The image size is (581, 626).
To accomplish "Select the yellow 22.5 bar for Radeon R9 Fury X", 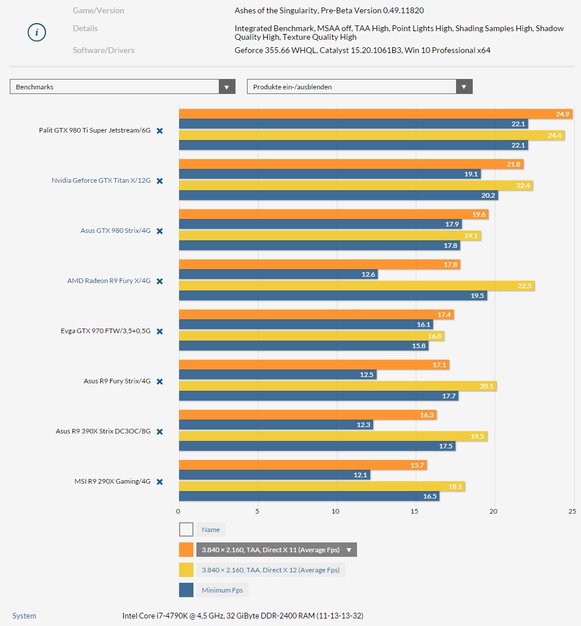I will point(356,285).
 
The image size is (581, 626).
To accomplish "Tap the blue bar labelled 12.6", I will point(278,274).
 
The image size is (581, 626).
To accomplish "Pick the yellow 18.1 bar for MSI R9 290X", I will point(321,486).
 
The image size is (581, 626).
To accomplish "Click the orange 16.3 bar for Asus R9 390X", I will point(307,414).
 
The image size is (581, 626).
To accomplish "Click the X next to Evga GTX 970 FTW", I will point(160,331).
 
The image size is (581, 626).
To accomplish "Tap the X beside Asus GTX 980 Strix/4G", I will point(160,231).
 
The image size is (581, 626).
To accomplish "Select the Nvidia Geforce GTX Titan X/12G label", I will point(101,181).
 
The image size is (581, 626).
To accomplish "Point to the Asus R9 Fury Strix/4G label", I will point(117,382).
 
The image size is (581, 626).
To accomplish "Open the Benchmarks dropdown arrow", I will point(227,87).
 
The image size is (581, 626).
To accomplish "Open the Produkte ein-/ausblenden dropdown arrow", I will point(464,87).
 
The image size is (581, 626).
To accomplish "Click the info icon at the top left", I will point(36,32).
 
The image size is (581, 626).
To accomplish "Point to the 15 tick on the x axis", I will point(415,511).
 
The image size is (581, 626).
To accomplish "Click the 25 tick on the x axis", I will point(572,511).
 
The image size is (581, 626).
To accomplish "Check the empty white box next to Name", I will point(186,529).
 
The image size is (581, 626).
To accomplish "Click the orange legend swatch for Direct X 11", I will point(186,550).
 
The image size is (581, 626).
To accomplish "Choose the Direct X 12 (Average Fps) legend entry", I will point(270,570).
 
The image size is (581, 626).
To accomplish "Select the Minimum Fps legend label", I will point(222,590).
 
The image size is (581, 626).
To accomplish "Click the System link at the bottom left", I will point(24,616).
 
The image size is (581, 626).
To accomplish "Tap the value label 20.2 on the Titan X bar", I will point(488,195).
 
